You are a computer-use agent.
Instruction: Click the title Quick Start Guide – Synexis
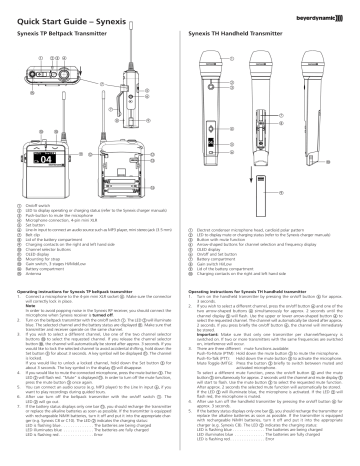pyautogui.click(x=62, y=12)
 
